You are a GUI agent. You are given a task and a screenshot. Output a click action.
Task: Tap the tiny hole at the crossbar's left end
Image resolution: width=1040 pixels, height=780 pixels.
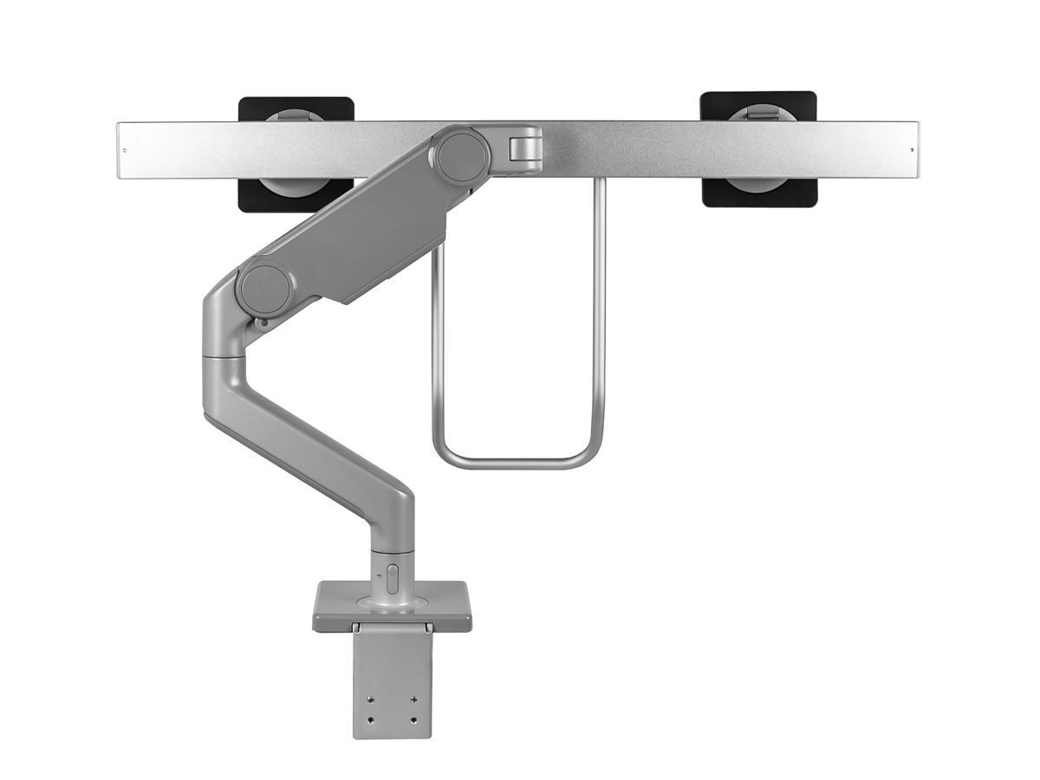[x=125, y=150]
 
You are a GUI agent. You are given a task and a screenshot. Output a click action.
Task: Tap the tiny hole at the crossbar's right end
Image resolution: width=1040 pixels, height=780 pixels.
[x=910, y=150]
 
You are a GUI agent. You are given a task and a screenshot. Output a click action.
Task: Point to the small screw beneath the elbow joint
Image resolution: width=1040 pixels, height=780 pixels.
[x=262, y=323]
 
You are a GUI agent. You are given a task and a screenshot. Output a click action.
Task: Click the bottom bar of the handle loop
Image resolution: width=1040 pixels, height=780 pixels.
[x=518, y=462]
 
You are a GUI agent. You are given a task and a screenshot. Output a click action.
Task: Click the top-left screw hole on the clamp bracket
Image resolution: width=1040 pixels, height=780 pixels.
[x=372, y=700]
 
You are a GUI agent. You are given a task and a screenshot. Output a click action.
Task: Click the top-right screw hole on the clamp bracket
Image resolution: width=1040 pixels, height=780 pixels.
[x=413, y=700]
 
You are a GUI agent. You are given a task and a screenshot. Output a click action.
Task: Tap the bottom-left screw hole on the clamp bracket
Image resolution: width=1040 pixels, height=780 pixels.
[x=372, y=720]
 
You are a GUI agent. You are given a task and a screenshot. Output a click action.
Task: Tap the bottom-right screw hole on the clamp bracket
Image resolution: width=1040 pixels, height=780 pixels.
[x=413, y=720]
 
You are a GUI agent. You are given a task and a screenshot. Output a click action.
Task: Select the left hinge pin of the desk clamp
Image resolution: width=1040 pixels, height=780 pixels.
[x=355, y=627]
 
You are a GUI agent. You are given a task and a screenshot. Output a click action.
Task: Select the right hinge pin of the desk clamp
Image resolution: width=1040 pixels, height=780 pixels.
[x=427, y=627]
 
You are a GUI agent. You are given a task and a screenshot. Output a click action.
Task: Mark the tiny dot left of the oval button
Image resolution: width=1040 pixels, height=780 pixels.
[x=378, y=574]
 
